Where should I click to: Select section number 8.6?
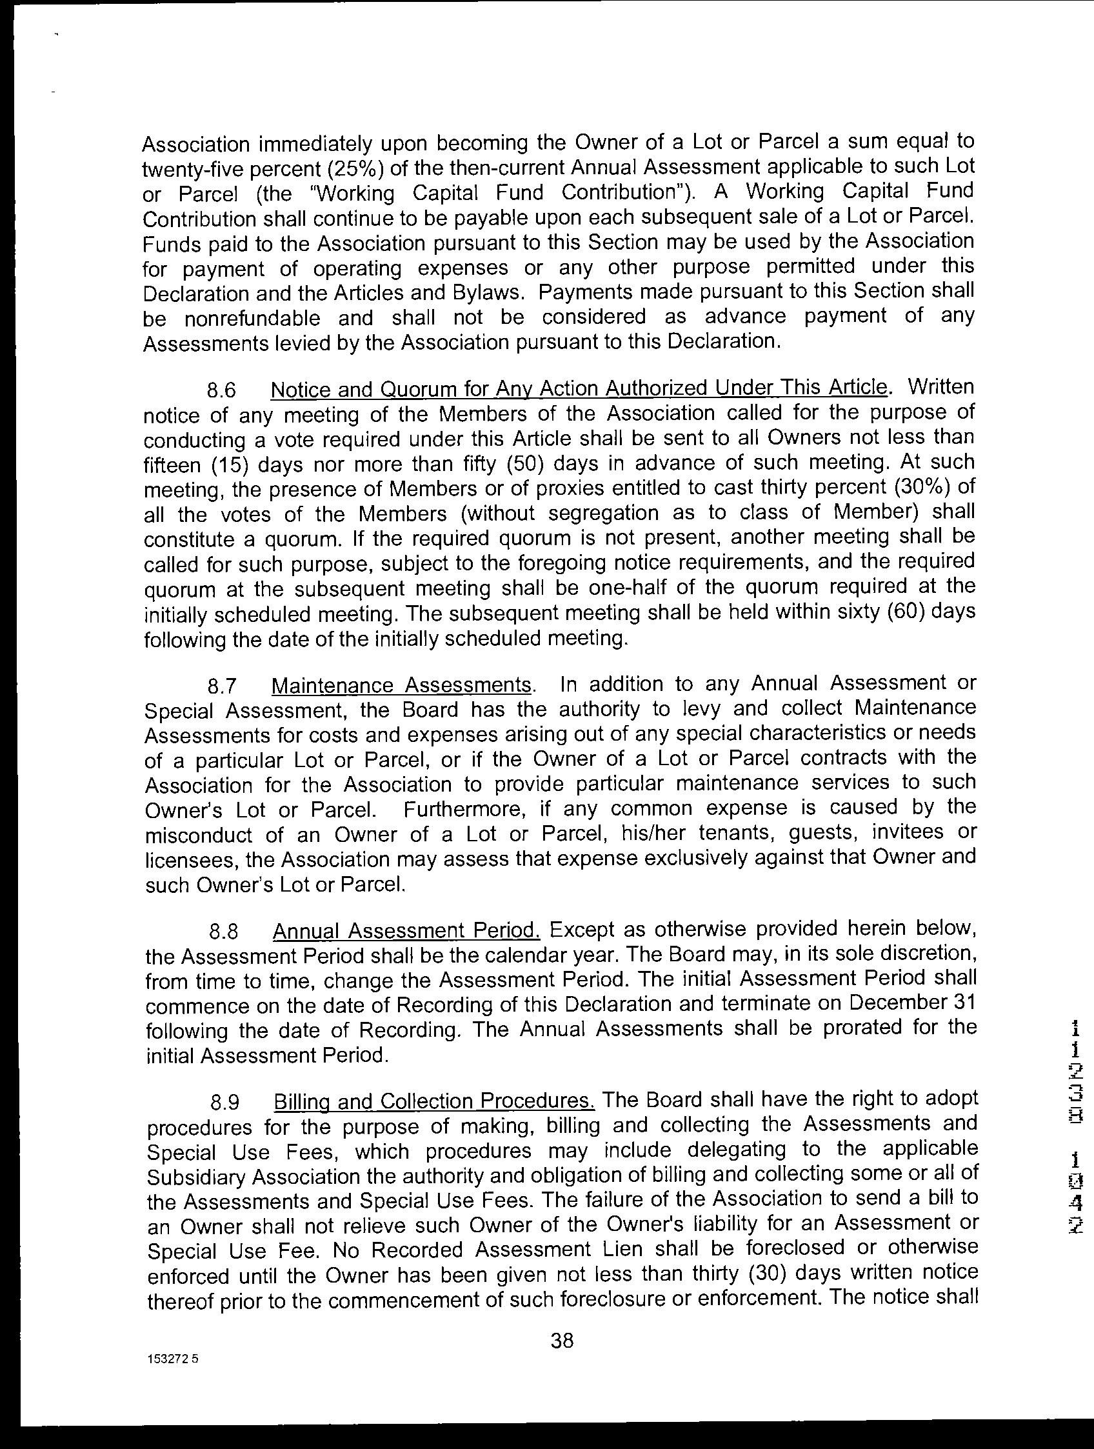(221, 390)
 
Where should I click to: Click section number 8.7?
(221, 687)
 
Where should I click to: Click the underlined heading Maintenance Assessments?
(401, 686)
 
